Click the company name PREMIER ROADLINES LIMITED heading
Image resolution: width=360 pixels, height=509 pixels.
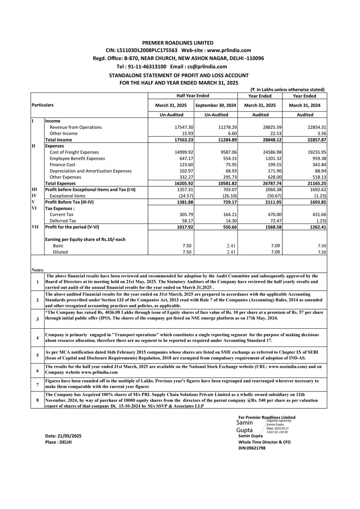(x=178, y=43)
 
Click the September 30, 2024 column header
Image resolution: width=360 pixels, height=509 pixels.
(x=216, y=106)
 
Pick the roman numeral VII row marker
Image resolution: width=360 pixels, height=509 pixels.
(x=36, y=227)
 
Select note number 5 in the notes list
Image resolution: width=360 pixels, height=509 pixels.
(x=37, y=355)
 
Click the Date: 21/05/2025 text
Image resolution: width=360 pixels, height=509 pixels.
(x=64, y=436)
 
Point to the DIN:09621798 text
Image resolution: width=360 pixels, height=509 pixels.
(x=253, y=448)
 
